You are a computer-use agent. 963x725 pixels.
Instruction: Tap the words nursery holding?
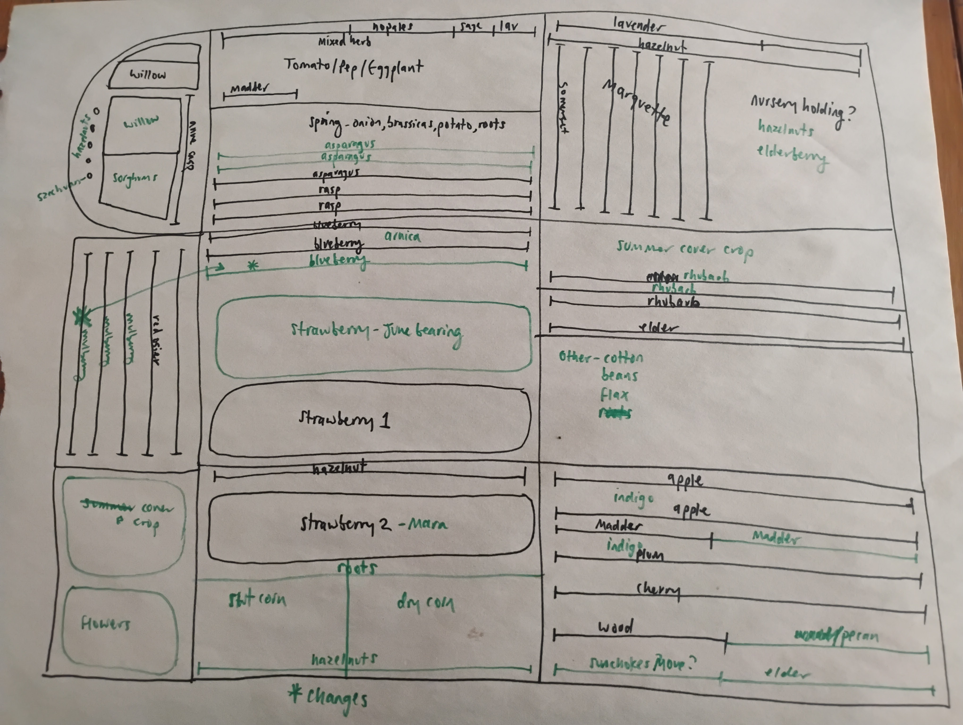pyautogui.click(x=802, y=109)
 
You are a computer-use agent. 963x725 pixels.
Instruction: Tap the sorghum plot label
pyautogui.click(x=135, y=178)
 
